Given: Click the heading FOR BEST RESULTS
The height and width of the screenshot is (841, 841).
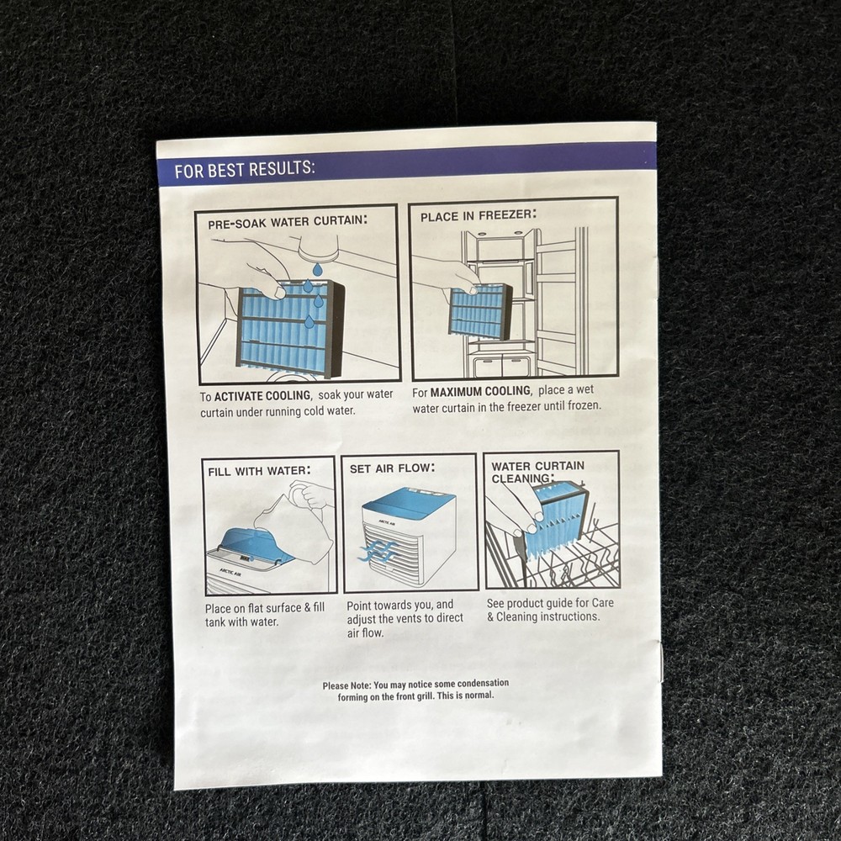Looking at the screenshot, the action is tap(245, 170).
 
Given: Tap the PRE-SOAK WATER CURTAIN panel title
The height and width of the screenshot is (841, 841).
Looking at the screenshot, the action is tap(288, 221).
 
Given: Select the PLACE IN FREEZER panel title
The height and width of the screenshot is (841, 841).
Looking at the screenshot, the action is tap(478, 215).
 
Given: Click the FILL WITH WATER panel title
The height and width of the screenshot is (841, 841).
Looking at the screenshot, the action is tap(259, 471).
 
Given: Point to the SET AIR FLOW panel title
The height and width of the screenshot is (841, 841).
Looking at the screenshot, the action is tap(392, 468).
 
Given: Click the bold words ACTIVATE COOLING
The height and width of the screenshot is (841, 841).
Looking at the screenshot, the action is tap(262, 396).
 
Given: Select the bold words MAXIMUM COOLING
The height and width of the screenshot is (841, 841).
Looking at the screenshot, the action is tap(480, 392).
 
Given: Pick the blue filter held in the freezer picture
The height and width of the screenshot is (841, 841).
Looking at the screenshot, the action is tap(479, 311).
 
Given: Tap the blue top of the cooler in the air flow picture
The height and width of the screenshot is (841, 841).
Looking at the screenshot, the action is tap(408, 502).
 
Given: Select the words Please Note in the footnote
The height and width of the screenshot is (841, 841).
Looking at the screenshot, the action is tap(346, 685).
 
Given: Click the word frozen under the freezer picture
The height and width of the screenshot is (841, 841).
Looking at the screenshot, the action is tap(584, 405).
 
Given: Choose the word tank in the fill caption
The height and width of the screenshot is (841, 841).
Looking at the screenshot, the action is tap(215, 622).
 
